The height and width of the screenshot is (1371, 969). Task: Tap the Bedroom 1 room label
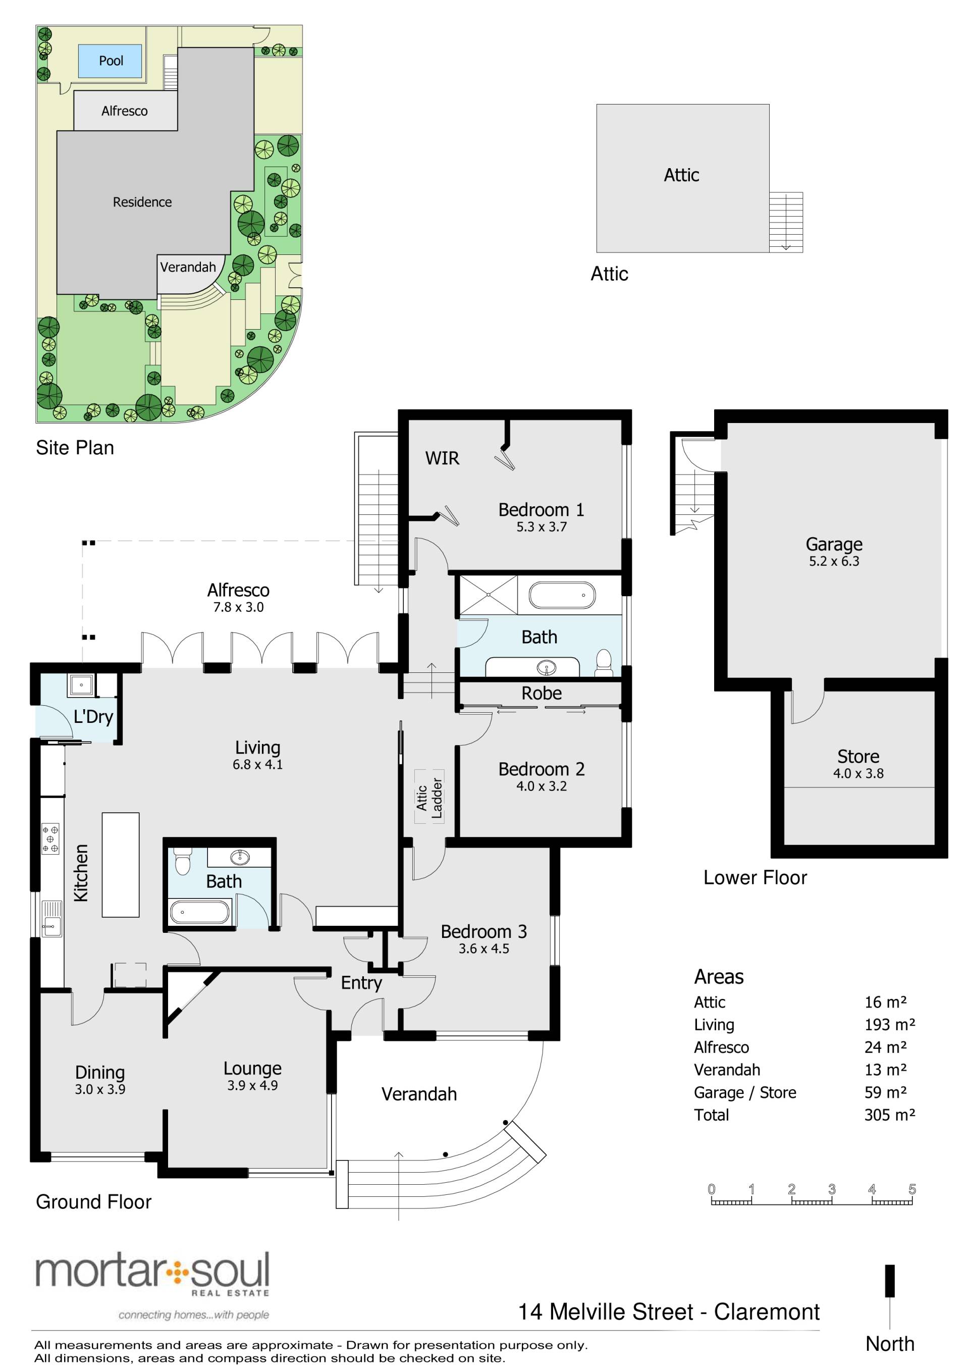click(x=541, y=509)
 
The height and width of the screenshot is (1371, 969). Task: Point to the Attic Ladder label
click(x=429, y=797)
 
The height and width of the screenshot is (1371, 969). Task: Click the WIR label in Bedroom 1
click(x=442, y=458)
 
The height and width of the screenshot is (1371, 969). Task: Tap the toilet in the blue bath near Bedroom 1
click(x=604, y=663)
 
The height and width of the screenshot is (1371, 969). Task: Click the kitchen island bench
click(x=121, y=865)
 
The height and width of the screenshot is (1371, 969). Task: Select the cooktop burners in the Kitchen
click(x=50, y=839)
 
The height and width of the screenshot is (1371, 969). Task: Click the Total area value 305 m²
click(x=889, y=1115)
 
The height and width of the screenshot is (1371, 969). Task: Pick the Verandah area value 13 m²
click(x=885, y=1070)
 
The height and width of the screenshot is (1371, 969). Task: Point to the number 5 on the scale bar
click(x=911, y=1189)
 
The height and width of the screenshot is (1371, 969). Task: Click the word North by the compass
click(x=890, y=1344)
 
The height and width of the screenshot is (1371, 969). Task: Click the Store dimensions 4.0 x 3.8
click(x=858, y=773)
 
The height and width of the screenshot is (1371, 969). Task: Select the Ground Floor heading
click(x=94, y=1201)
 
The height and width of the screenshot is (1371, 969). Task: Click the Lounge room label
click(x=252, y=1068)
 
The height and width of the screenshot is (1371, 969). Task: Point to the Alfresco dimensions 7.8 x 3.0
click(x=238, y=607)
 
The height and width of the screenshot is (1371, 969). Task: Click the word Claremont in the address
click(x=767, y=1312)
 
